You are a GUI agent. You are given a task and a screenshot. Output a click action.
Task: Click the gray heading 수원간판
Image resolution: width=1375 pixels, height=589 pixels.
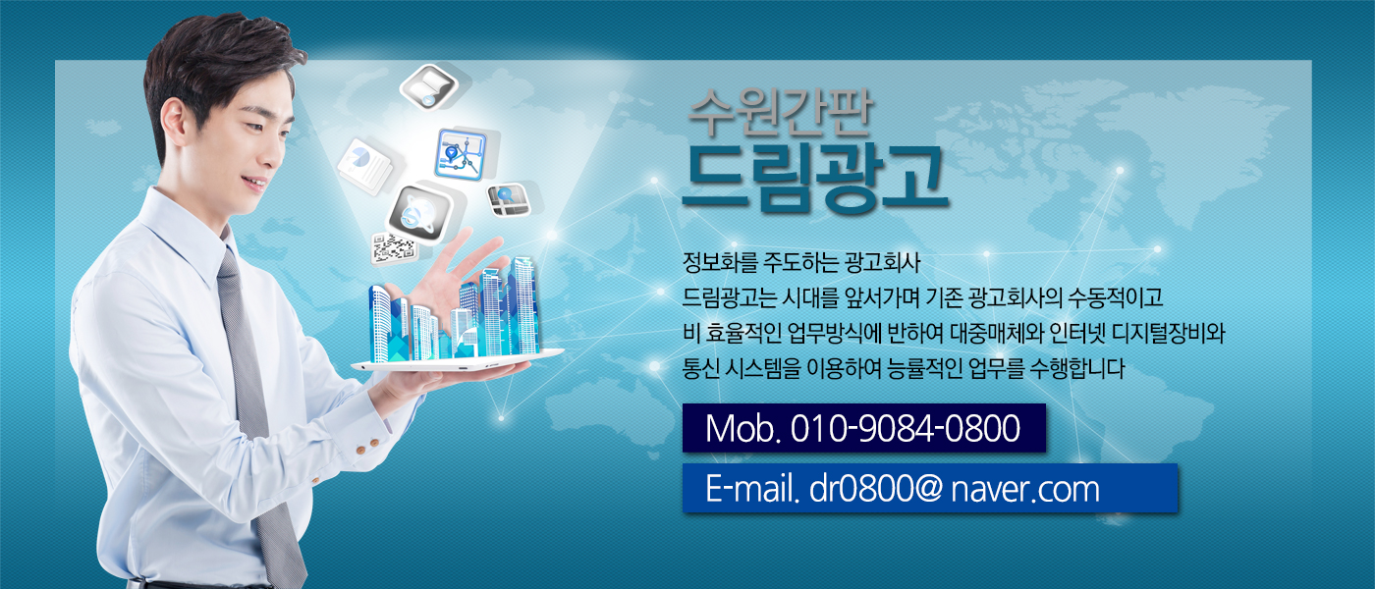(780, 112)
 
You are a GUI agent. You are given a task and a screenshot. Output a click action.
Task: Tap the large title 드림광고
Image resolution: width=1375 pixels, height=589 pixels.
(815, 177)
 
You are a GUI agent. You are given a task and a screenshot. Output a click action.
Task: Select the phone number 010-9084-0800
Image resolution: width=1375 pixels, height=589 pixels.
(905, 428)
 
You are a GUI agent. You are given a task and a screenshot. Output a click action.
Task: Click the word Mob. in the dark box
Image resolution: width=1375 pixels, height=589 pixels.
(742, 428)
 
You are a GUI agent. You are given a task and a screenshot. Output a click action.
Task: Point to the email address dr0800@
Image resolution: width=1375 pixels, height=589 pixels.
(875, 489)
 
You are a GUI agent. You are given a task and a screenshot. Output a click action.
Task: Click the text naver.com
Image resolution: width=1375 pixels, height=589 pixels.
(1025, 490)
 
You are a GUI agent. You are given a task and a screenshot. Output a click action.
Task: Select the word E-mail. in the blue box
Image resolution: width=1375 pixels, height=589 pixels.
(752, 489)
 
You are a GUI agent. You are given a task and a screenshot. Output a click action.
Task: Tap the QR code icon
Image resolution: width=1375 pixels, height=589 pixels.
(394, 247)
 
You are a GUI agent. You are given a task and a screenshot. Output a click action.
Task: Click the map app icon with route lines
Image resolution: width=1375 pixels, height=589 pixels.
(462, 154)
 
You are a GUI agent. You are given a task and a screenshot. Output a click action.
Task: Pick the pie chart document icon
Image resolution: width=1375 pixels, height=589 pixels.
(365, 166)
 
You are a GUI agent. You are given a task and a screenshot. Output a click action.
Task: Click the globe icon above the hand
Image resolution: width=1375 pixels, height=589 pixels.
(420, 214)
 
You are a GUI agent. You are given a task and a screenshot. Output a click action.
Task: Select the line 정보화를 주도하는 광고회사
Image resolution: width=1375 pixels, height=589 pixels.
(801, 263)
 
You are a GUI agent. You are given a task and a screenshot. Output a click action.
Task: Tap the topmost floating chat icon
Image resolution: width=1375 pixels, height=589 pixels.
(430, 87)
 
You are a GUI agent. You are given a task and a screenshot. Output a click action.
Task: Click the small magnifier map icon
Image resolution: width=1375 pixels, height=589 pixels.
(509, 200)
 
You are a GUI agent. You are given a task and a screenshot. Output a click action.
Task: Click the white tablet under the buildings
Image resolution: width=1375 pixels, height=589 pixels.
(457, 361)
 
